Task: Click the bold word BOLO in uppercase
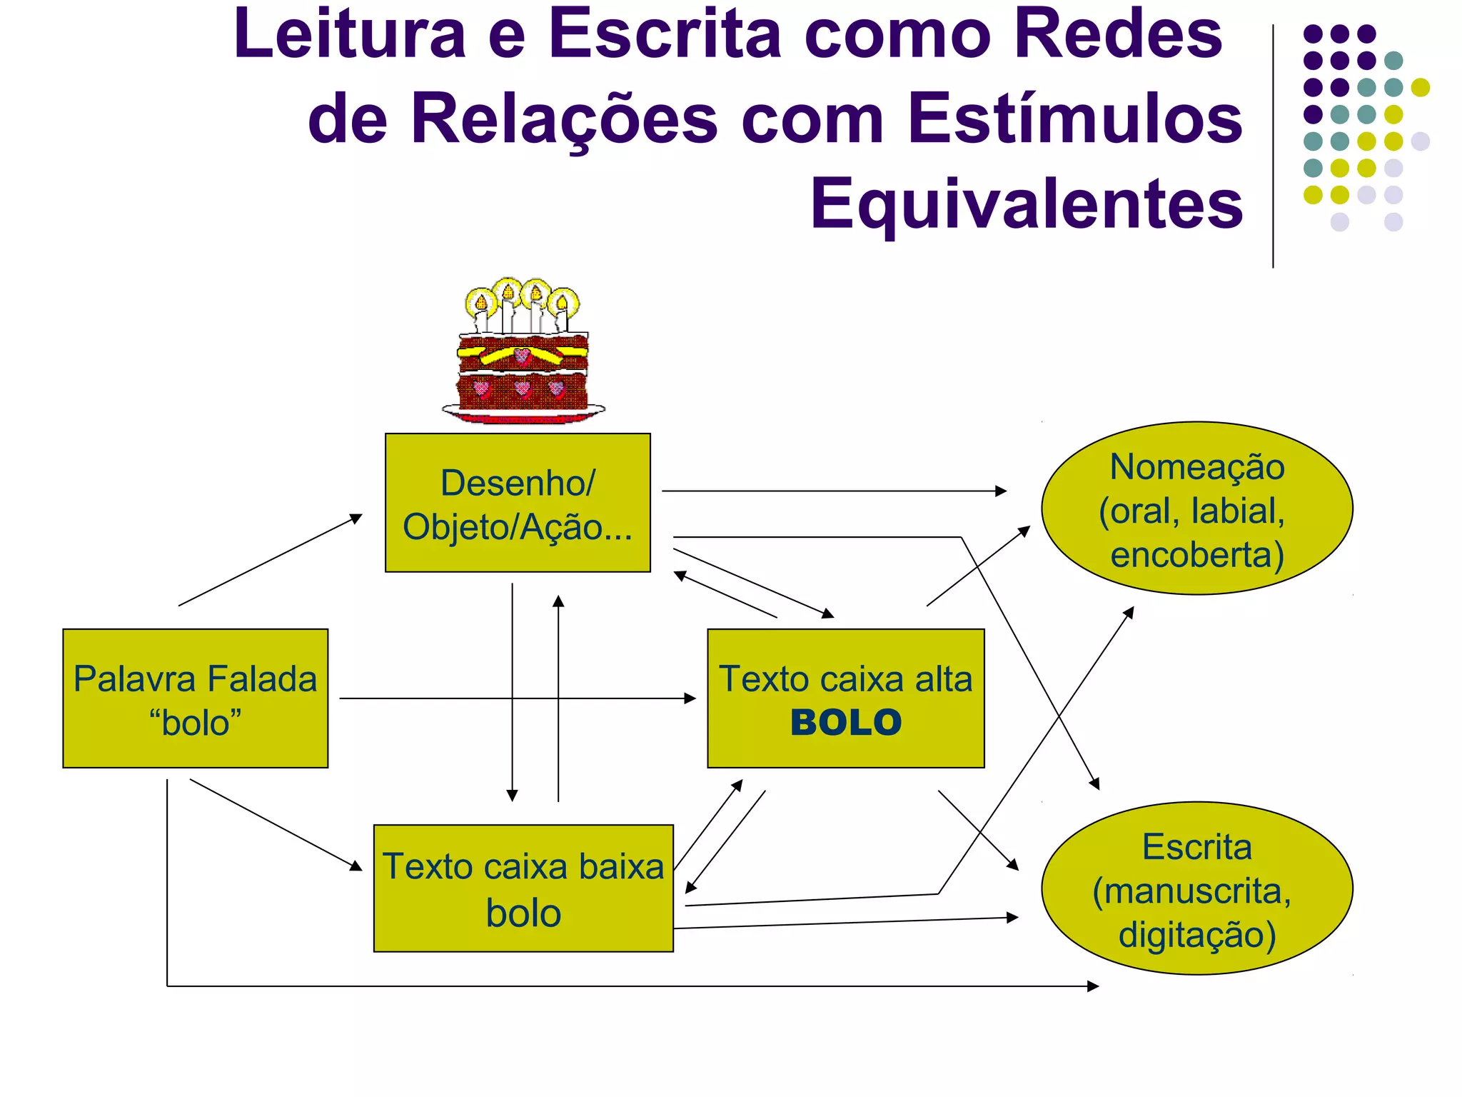click(846, 723)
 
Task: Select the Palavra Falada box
click(195, 698)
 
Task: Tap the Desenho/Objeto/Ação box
click(518, 503)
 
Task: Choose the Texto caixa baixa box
click(523, 888)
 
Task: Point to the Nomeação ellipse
click(1197, 508)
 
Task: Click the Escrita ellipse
click(1197, 888)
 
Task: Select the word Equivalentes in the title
click(1027, 204)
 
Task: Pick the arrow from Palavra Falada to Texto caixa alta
click(514, 698)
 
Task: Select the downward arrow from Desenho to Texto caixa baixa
click(512, 693)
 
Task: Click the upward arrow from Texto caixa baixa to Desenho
click(558, 700)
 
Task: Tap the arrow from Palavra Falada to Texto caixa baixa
click(276, 824)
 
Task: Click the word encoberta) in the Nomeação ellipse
click(1197, 555)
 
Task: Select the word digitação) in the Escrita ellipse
click(1197, 935)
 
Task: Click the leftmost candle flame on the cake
click(481, 303)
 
